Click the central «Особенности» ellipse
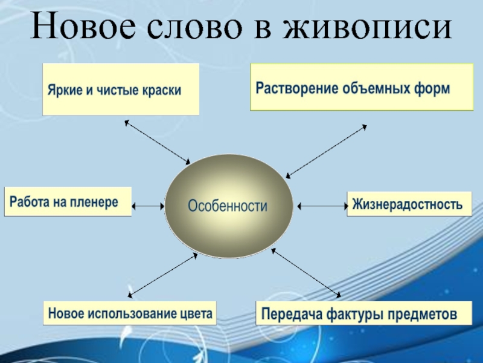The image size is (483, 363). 228,206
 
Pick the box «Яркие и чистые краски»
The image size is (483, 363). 121,90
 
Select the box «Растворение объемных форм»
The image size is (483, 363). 361,87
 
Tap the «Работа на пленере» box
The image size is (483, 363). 68,202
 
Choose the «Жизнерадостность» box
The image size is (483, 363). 408,204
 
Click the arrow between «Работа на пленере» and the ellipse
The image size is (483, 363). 148,206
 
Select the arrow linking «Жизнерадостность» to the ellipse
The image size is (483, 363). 321,206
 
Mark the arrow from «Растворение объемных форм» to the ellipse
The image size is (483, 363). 326,151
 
